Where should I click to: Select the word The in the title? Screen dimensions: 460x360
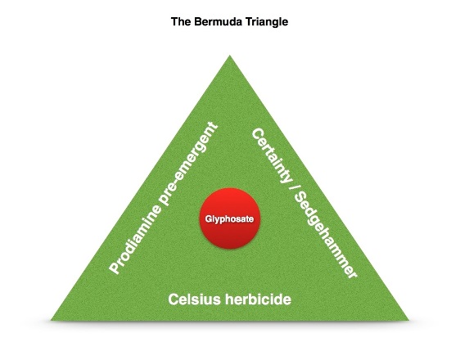tap(181, 22)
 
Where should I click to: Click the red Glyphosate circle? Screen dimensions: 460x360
tap(230, 218)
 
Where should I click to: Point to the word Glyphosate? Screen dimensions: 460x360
tap(229, 219)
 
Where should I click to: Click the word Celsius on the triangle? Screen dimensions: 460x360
tap(194, 299)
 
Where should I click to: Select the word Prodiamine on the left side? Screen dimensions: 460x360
tap(136, 239)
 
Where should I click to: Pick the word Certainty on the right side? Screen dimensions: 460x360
tap(272, 155)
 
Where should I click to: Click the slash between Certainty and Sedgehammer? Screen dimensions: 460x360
tap(291, 188)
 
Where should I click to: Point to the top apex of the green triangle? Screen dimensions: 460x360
tap(230, 55)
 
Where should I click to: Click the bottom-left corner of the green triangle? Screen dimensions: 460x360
tap(51, 320)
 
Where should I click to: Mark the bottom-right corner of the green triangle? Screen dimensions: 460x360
tap(409, 320)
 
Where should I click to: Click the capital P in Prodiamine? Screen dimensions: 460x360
tap(115, 268)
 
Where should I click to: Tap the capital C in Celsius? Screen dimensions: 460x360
tap(174, 299)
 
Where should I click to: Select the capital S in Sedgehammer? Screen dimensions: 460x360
tap(300, 199)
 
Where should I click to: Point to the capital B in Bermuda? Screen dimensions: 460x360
tap(197, 22)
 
